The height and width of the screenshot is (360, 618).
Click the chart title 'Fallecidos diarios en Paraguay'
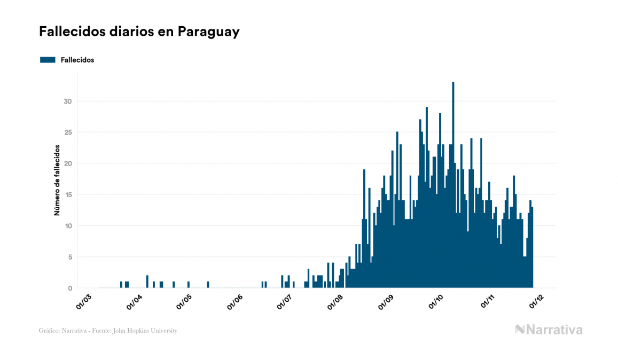point(139,32)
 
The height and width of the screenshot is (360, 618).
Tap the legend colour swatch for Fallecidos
point(48,60)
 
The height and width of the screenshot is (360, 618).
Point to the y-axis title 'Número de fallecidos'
point(57,180)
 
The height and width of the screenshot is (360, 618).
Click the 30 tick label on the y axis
point(68,101)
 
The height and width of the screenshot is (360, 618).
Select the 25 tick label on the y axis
point(68,132)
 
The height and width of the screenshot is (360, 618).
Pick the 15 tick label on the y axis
point(68,195)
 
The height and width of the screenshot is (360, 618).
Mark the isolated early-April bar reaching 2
point(147,282)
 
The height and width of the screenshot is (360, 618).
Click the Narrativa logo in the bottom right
point(549,330)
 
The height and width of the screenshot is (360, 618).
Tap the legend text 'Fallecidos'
point(77,60)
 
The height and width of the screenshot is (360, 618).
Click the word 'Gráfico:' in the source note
point(49,331)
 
